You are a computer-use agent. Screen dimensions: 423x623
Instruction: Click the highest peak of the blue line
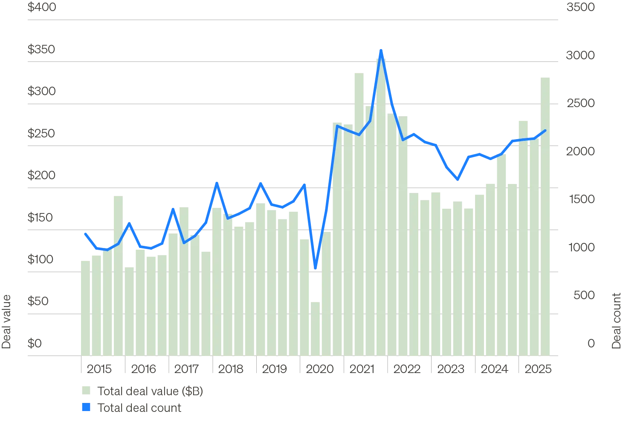[x=381, y=50]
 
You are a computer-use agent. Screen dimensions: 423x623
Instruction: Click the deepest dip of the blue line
[x=316, y=268]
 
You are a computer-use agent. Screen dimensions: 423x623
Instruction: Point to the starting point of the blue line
[x=84, y=233]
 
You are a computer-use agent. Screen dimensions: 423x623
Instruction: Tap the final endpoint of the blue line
[x=545, y=131]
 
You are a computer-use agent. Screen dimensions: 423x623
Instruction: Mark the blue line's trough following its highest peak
[x=457, y=178]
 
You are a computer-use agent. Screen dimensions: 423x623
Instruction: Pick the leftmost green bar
[x=84, y=307]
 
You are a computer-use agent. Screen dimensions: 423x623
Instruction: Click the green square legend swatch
[x=87, y=391]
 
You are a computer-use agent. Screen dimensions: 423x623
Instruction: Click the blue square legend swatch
[x=87, y=408]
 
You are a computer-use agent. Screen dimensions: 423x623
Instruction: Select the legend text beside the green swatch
[x=150, y=391]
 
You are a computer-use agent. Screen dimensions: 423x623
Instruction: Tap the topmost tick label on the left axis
[x=42, y=9]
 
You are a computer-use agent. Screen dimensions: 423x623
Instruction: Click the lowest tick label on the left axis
[x=36, y=343]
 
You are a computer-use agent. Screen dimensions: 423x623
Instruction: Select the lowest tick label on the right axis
[x=591, y=343]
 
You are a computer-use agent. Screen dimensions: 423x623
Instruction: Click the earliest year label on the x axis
[x=99, y=369]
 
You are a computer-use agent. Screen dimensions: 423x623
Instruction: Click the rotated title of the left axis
[x=6, y=320]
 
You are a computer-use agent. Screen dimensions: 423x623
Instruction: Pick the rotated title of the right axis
[x=616, y=320]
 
